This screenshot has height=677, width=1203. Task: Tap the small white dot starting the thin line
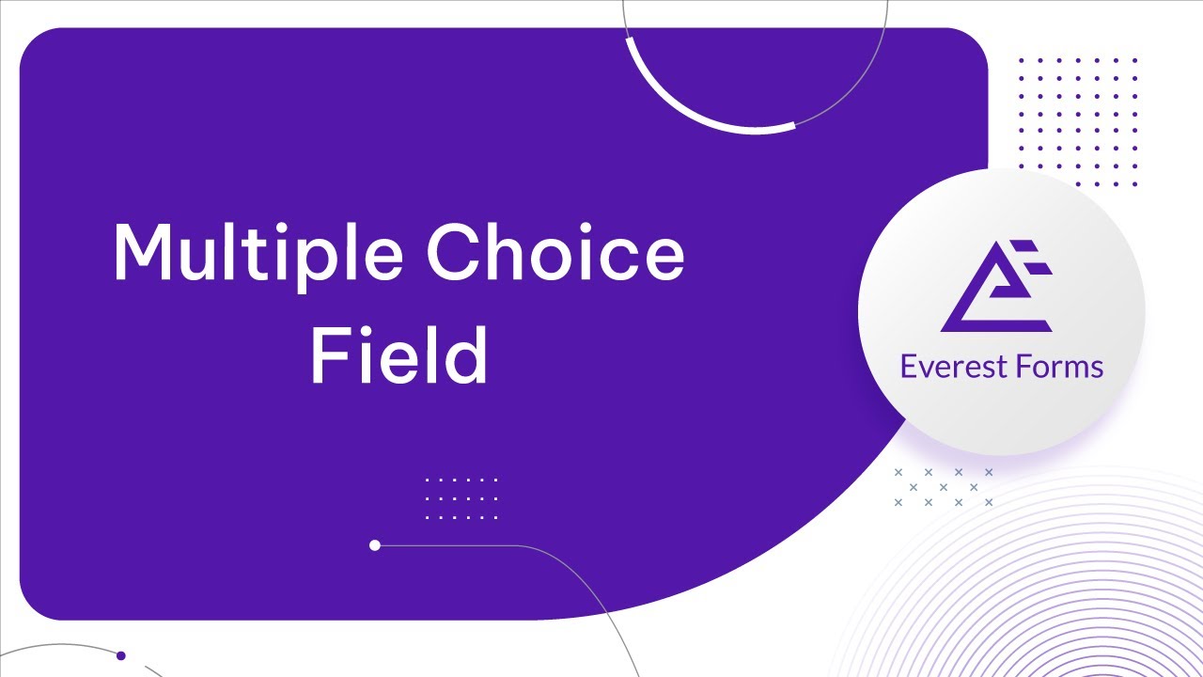[375, 545]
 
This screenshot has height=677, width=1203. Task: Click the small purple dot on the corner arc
[120, 655]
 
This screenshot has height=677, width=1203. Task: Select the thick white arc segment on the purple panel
[695, 112]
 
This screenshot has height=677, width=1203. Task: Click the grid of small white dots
[461, 498]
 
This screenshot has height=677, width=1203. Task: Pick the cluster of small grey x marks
[943, 487]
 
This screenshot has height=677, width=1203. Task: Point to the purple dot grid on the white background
[1078, 121]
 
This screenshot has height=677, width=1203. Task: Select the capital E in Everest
[908, 366]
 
